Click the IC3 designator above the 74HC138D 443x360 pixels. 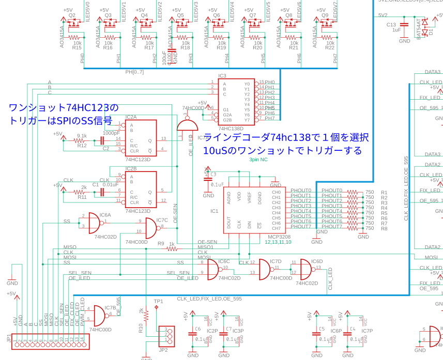(x=222, y=76)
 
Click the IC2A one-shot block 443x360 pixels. (x=141, y=138)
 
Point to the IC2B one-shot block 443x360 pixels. (x=141, y=189)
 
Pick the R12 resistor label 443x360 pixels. (x=82, y=146)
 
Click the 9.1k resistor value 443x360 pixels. (x=82, y=136)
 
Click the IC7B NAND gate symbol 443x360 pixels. (x=96, y=315)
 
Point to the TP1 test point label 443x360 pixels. (x=158, y=301)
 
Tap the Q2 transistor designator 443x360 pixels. (x=72, y=15)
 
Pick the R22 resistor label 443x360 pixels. (x=330, y=48)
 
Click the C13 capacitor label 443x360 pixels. (x=391, y=24)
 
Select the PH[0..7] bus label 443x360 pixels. (x=134, y=72)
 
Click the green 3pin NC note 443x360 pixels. (x=258, y=160)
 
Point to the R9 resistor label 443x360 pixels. (x=161, y=243)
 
